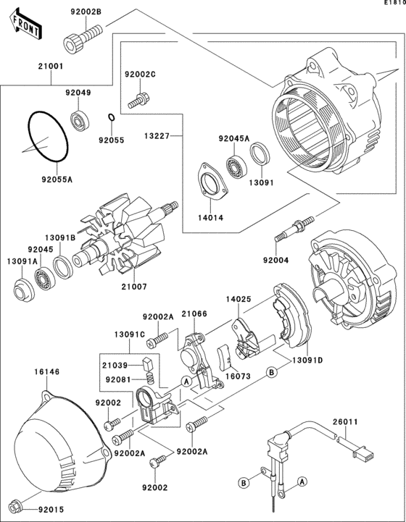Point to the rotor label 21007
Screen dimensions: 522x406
133,287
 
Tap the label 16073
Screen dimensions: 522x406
237,377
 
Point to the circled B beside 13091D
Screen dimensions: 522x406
271,372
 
